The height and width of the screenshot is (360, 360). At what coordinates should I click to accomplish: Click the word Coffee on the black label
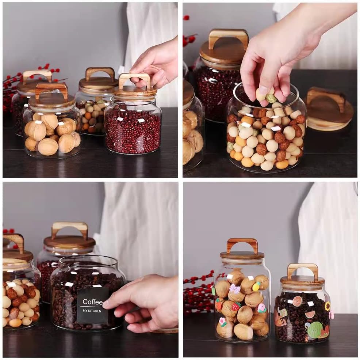[92, 302]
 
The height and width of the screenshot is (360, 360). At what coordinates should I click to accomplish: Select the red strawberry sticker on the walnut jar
[236, 306]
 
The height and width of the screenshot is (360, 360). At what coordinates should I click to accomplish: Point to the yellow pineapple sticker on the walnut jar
[256, 287]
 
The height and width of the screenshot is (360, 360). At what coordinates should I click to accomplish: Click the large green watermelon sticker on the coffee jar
[315, 330]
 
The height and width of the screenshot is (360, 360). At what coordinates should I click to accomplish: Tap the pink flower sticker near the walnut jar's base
[222, 322]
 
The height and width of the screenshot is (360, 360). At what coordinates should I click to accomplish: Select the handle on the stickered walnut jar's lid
[242, 245]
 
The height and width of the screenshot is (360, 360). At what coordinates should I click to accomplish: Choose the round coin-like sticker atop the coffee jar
[297, 301]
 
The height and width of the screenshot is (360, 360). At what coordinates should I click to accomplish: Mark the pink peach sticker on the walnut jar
[261, 308]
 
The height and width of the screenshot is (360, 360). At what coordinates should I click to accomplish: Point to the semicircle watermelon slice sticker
[309, 314]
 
